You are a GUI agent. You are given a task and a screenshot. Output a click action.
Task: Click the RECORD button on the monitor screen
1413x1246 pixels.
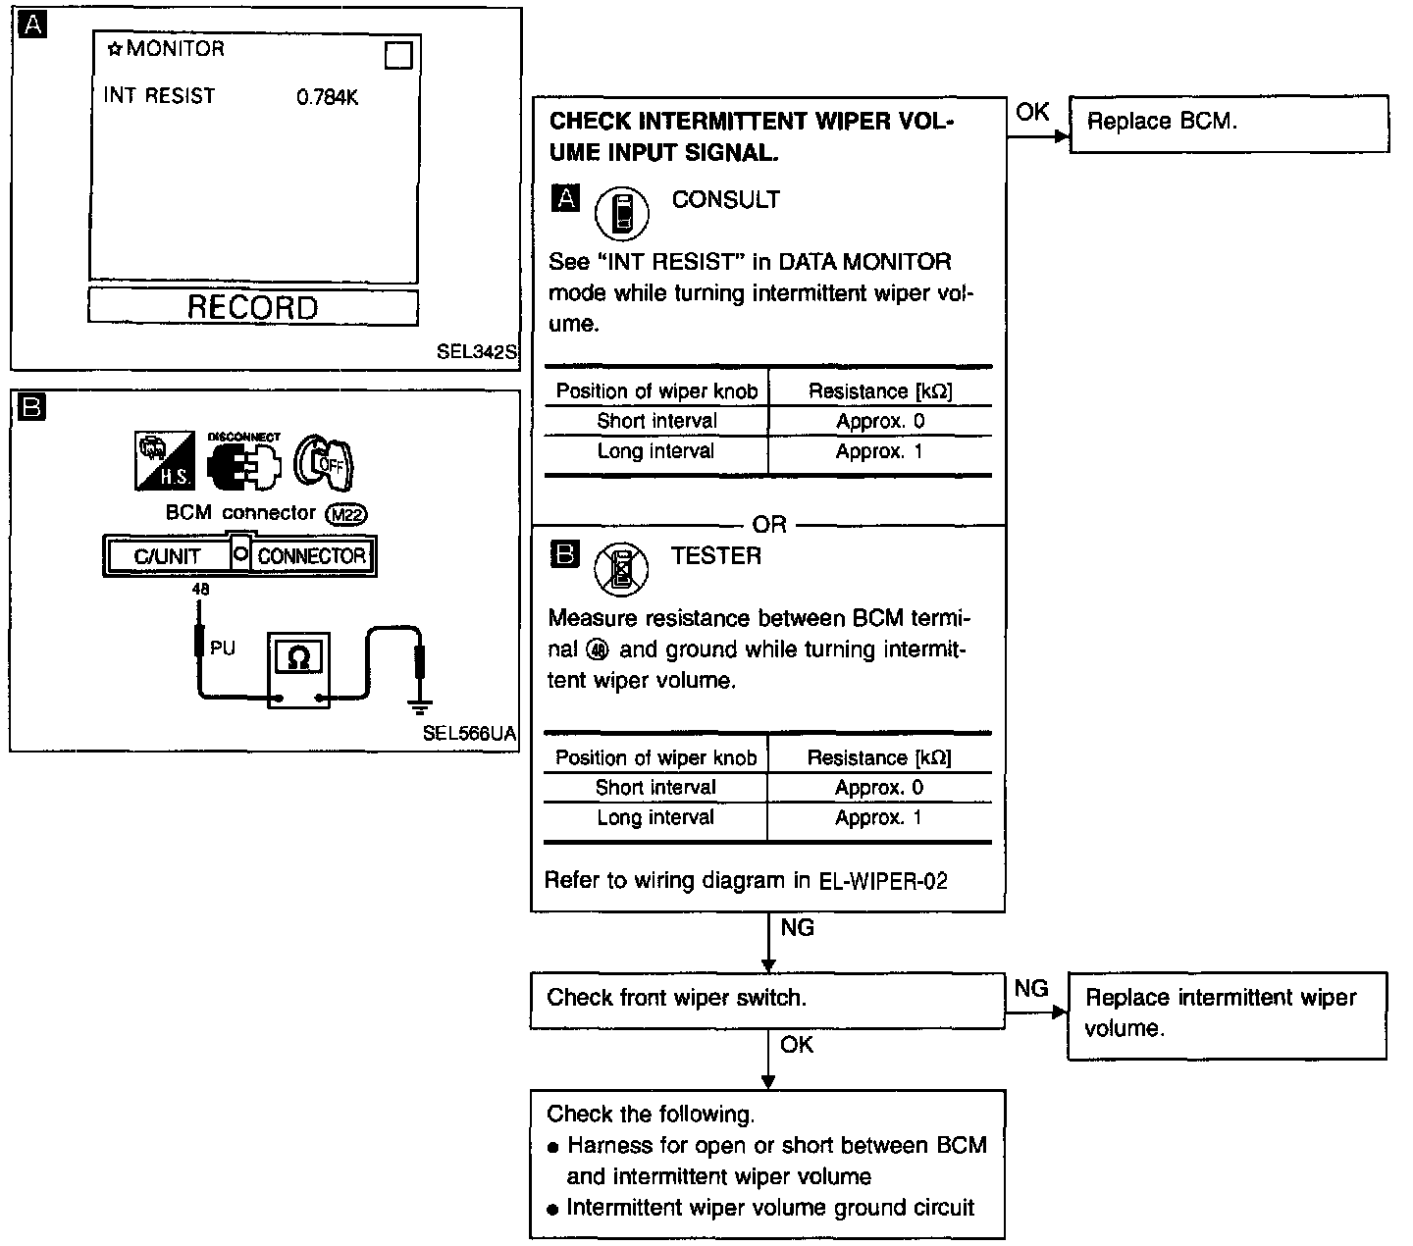coord(252,307)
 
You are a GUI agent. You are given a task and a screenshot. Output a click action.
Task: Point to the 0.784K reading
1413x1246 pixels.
coord(327,98)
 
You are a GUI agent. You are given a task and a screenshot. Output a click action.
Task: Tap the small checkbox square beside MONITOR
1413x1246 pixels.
coord(398,55)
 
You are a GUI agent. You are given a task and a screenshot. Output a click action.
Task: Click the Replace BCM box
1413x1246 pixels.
coord(1228,123)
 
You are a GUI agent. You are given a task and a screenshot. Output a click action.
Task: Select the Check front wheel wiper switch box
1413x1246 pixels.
coord(766,999)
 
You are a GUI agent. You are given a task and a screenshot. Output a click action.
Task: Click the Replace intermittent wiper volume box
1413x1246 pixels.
coord(1226,1014)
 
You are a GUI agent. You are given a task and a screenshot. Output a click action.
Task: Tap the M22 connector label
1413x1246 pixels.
coord(349,513)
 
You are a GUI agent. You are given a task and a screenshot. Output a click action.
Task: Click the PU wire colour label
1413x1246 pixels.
coord(223,649)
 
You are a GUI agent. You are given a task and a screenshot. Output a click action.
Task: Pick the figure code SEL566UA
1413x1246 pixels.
coord(469,733)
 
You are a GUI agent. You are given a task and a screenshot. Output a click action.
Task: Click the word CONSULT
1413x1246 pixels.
coord(725,199)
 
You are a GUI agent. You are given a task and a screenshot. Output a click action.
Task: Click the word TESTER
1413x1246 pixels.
coord(715,556)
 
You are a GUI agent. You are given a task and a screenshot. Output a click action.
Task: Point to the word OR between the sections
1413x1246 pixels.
coord(768,525)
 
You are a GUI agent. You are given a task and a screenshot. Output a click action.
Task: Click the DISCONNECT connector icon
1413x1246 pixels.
coord(243,462)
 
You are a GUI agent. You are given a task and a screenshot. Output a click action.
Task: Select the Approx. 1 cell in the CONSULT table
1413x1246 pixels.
coord(879,451)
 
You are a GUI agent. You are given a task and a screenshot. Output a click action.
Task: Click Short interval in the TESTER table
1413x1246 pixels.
coord(655,788)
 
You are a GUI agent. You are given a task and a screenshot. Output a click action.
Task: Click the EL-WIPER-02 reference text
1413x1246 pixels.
coord(883,881)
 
